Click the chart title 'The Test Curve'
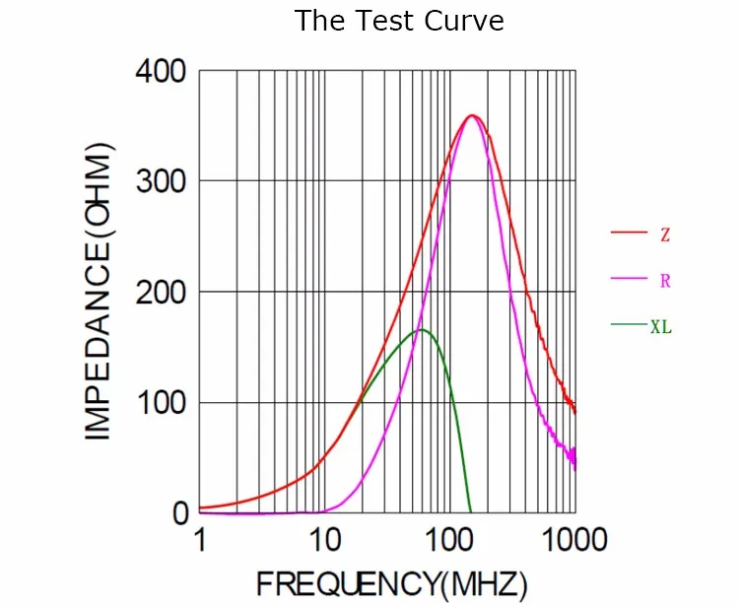pyautogui.click(x=399, y=21)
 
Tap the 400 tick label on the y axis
pyautogui.click(x=162, y=72)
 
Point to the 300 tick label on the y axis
pyautogui.click(x=162, y=181)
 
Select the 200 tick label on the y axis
pyautogui.click(x=162, y=293)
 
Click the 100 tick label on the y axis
pyautogui.click(x=162, y=403)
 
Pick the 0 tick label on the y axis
pyautogui.click(x=180, y=513)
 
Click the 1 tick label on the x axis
pyautogui.click(x=200, y=541)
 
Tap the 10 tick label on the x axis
pyautogui.click(x=325, y=541)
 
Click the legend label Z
pyautogui.click(x=665, y=235)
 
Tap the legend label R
pyautogui.click(x=665, y=281)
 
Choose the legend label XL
pyautogui.click(x=661, y=326)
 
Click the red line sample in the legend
pyautogui.click(x=627, y=233)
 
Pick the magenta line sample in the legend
pyautogui.click(x=627, y=279)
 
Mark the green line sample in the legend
pyautogui.click(x=627, y=324)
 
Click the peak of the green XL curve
pyautogui.click(x=422, y=329)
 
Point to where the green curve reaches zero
pyautogui.click(x=470, y=512)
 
